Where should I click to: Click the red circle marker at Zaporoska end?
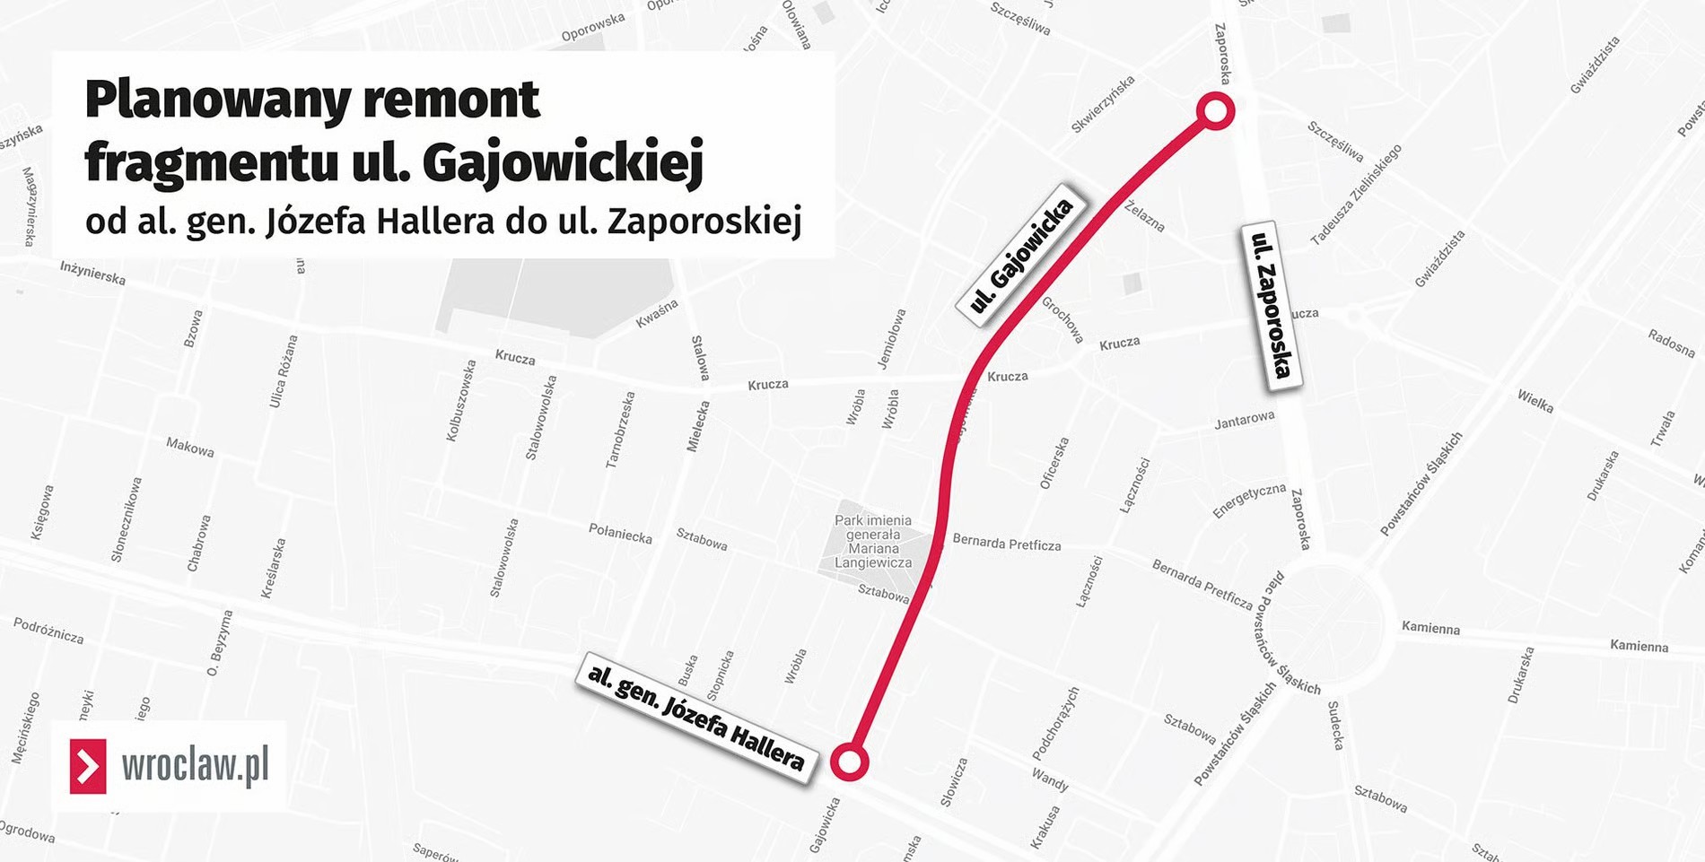coord(1215,111)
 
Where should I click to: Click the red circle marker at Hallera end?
coord(849,762)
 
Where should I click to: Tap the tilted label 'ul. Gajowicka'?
coord(1021,255)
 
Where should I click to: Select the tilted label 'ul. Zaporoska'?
coord(1272,306)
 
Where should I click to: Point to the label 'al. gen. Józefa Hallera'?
coord(695,718)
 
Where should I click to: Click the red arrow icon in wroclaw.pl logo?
coord(88,766)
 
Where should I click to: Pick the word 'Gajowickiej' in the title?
coord(563,163)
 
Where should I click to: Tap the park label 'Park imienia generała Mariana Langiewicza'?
coord(872,542)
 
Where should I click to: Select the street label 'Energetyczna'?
coord(1249,501)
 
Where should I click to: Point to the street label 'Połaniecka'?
coord(620,533)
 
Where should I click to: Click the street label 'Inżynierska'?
coord(92,273)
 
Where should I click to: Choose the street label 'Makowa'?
coord(190,447)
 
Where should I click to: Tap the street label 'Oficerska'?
coord(1054,463)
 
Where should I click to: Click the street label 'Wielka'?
coord(1534,401)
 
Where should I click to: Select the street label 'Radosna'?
coord(1671,343)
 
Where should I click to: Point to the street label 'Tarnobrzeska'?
coord(620,430)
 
